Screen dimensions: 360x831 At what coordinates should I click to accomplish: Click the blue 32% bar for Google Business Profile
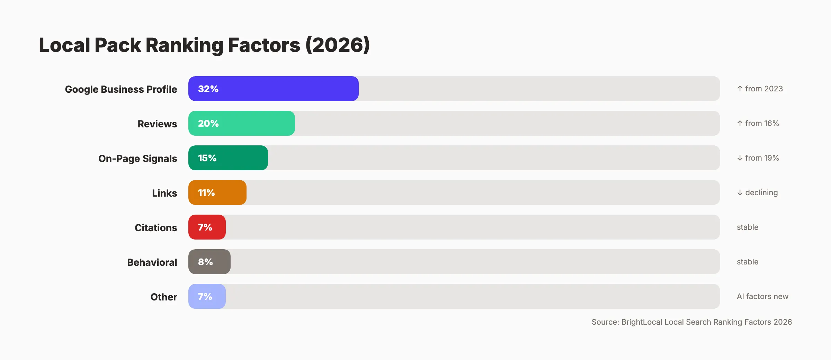[274, 89]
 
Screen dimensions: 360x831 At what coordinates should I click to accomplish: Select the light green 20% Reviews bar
[242, 123]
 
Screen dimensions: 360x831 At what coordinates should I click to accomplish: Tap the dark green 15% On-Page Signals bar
[228, 158]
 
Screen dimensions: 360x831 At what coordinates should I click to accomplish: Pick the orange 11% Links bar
[217, 192]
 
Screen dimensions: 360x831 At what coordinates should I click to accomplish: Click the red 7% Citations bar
[207, 227]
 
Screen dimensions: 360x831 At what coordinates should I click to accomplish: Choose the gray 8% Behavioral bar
[209, 262]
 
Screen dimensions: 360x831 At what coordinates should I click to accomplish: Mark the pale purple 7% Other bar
[207, 296]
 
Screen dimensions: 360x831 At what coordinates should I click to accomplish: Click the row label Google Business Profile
[121, 89]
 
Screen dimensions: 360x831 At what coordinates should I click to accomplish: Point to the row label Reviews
[157, 124]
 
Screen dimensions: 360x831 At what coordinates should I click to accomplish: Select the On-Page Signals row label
[137, 159]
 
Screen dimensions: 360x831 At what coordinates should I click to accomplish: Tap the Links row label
[164, 193]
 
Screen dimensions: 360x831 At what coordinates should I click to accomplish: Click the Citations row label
[156, 228]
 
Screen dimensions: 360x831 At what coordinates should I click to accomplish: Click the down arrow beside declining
[740, 192]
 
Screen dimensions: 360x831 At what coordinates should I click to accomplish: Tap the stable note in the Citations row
[748, 227]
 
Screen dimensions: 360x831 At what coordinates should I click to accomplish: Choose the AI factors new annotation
[762, 296]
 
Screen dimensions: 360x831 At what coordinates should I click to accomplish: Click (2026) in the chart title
[338, 45]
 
